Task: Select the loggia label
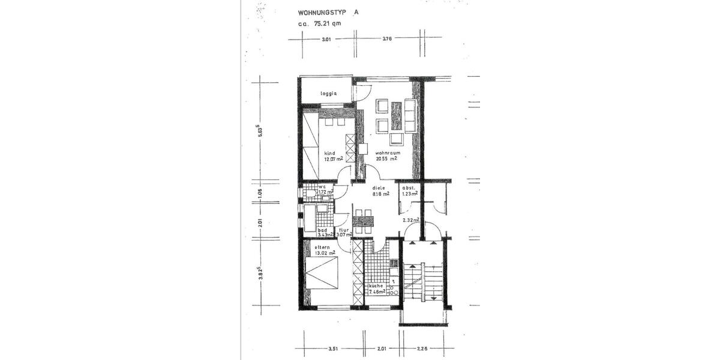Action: coord(328,93)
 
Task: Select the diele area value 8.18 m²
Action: coord(380,194)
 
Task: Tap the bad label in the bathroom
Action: coord(322,230)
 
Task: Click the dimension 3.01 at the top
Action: coord(326,39)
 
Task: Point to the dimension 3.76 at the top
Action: coord(387,39)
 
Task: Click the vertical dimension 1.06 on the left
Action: coord(260,193)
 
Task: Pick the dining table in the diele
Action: coord(364,221)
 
